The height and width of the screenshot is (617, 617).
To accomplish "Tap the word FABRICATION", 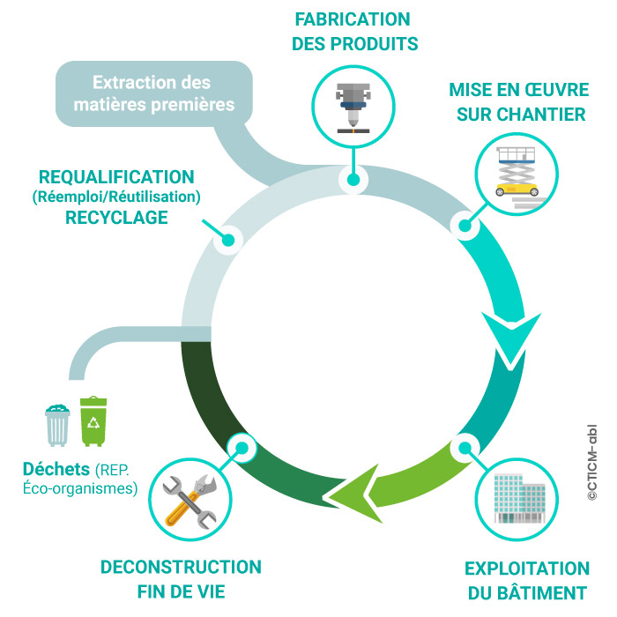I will coord(353,19).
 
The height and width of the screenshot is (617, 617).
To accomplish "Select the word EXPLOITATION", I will coord(526,568).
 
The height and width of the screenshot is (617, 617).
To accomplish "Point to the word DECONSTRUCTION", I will coord(181,566).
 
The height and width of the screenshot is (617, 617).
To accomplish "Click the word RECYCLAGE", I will coord(117,217).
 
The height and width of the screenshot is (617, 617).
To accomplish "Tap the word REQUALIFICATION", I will coord(116,177).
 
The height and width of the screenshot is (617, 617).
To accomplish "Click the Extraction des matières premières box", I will coord(152,94).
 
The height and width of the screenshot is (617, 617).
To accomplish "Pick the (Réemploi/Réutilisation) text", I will coord(116,197).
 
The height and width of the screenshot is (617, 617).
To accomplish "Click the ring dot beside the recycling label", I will coord(230,239).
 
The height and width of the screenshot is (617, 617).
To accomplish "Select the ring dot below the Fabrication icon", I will coord(353,180).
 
